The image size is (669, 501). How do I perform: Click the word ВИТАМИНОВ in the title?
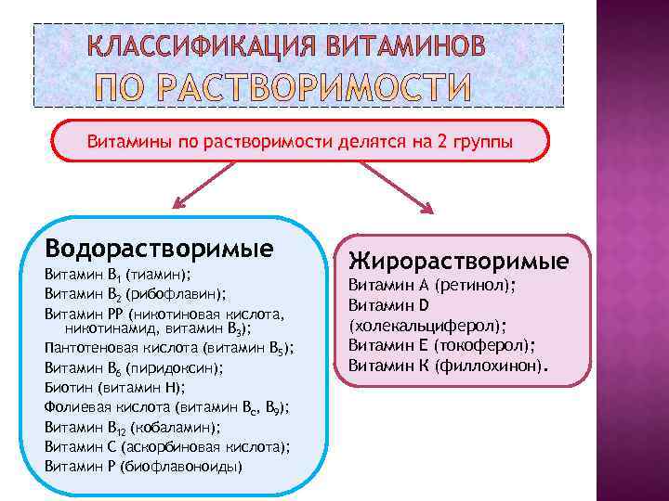point(405,46)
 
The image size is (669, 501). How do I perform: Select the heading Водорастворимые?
point(159,249)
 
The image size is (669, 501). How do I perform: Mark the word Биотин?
point(64,387)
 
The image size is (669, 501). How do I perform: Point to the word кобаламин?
point(175,427)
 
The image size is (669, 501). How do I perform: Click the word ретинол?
point(474,286)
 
